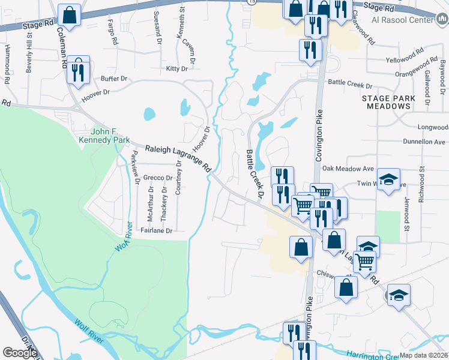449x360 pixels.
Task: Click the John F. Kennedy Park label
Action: point(109,136)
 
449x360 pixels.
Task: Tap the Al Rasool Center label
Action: point(406,20)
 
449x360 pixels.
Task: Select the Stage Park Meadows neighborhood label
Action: point(386,102)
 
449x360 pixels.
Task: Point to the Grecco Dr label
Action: point(158,178)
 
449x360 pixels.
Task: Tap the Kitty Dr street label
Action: point(177,69)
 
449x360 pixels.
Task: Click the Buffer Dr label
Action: point(114,79)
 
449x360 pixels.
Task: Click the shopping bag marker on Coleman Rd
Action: point(70,15)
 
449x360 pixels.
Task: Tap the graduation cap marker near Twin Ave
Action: point(388,179)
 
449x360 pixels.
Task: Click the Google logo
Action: point(20,353)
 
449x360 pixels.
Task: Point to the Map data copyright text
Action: point(424,355)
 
